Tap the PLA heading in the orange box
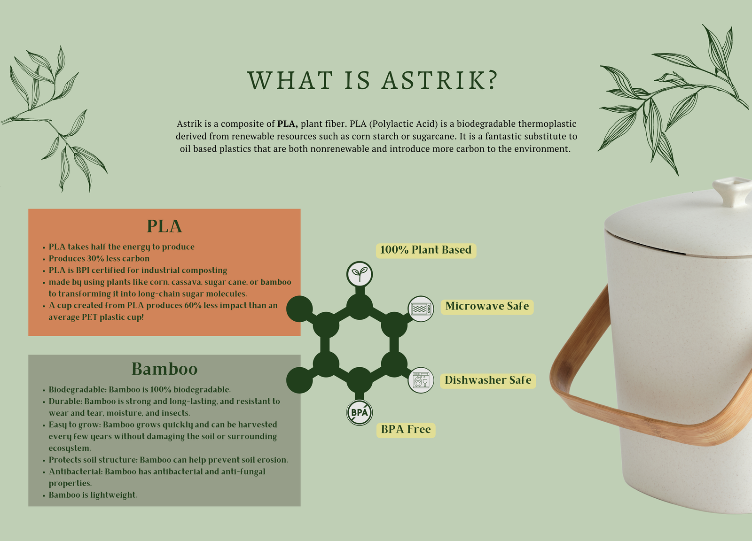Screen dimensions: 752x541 tap(164, 226)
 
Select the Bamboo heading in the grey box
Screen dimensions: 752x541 tap(164, 369)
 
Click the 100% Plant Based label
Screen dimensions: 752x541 tap(426, 250)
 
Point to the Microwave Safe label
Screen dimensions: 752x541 tap(487, 307)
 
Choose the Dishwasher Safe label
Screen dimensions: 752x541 tap(488, 381)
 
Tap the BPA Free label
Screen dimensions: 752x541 tap(406, 430)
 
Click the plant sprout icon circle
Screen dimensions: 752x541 tap(360, 274)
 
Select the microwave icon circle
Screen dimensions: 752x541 tap(421, 309)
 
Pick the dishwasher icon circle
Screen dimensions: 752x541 tap(421, 380)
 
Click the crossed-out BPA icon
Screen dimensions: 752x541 tap(360, 412)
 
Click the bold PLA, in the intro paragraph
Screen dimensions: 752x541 tap(287, 124)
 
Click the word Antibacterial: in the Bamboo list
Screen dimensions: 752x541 tap(76, 471)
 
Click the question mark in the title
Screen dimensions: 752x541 tap(493, 80)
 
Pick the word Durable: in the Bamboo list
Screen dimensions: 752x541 tap(65, 402)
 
